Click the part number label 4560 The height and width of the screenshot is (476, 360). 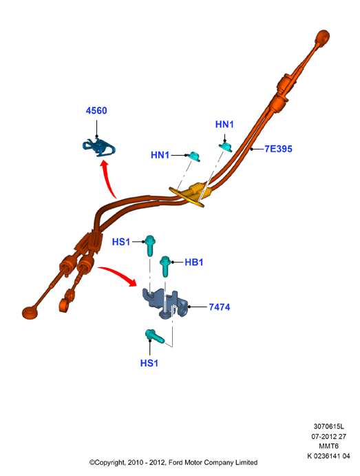tap(96, 110)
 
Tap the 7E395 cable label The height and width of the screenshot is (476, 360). tap(278, 149)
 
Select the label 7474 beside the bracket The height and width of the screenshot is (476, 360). tap(220, 307)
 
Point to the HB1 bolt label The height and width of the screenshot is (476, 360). tap(194, 262)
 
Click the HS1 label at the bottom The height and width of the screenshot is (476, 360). tap(149, 363)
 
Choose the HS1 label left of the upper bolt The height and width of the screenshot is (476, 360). tap(121, 242)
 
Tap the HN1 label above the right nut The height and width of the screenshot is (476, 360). tap(224, 124)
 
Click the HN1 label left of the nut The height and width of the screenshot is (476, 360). tap(160, 155)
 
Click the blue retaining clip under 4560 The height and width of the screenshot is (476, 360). tap(99, 147)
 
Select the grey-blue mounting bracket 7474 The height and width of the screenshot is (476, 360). tap(165, 304)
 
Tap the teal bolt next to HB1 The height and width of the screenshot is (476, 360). tap(165, 266)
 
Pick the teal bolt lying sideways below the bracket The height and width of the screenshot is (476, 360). tap(155, 336)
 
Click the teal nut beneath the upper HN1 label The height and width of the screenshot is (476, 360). tap(226, 147)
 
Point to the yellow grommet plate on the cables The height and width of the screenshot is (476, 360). tap(187, 197)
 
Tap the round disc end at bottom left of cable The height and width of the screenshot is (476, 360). tap(30, 312)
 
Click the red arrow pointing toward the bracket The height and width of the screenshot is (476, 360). tap(118, 275)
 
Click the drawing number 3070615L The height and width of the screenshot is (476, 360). tap(329, 426)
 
